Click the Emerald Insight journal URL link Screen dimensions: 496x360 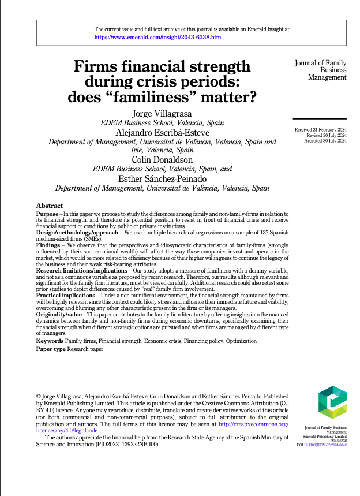point(157,36)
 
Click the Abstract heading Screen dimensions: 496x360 point(49,206)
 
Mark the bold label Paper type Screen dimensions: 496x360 point(51,350)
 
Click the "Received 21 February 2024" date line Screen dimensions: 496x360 point(320,131)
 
